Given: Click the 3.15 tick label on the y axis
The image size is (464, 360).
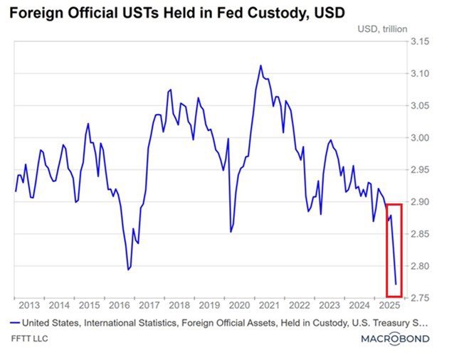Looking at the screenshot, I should pyautogui.click(x=418, y=42).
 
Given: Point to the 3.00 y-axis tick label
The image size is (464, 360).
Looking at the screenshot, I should pyautogui.click(x=418, y=138).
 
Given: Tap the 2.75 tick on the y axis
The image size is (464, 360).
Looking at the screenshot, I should pyautogui.click(x=418, y=298).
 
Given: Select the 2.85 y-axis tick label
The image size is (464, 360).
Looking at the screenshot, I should pyautogui.click(x=418, y=234).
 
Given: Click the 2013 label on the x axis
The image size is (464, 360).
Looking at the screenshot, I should pyautogui.click(x=28, y=305).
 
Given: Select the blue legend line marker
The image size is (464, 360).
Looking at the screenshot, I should pyautogui.click(x=14, y=322).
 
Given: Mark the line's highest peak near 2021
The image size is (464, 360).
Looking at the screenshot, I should pyautogui.click(x=260, y=65).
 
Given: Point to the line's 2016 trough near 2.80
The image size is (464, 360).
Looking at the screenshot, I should pyautogui.click(x=128, y=270).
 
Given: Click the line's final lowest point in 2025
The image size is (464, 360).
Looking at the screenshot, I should pyautogui.click(x=396, y=285).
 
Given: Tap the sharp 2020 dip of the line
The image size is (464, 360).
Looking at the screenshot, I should pyautogui.click(x=231, y=231).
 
